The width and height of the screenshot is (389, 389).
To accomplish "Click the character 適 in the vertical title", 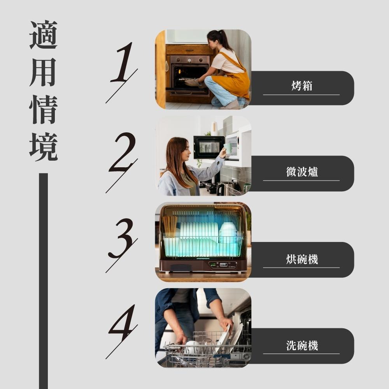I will pyautogui.click(x=44, y=35).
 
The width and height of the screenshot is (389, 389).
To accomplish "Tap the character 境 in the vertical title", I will pyautogui.click(x=44, y=147).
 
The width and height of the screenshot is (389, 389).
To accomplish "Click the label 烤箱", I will pyautogui.click(x=301, y=86).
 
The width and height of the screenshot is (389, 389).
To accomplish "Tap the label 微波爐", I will pyautogui.click(x=302, y=172).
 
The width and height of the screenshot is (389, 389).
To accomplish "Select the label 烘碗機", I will pyautogui.click(x=302, y=258).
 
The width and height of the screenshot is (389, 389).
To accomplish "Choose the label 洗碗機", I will pyautogui.click(x=302, y=345).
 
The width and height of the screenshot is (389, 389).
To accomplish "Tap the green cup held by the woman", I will pyautogui.click(x=228, y=148).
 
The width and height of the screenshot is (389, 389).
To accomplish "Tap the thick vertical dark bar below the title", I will pyautogui.click(x=44, y=280).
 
